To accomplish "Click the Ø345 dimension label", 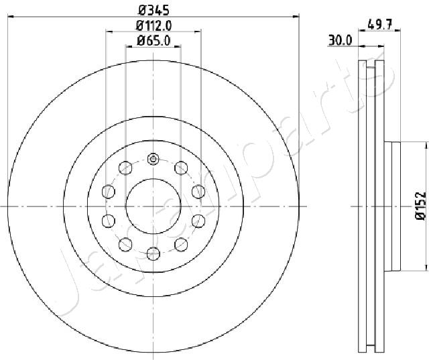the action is [154, 11].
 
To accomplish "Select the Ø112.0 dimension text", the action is [154, 25].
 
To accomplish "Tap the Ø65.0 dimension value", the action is [154, 41].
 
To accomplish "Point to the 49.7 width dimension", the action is [380, 25].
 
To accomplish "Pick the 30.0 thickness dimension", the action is [340, 40].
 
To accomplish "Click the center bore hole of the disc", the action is [154, 206].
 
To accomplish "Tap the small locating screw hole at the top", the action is [153, 159].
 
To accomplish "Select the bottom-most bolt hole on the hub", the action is [154, 253].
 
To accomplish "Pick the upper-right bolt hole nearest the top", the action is [181, 168].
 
